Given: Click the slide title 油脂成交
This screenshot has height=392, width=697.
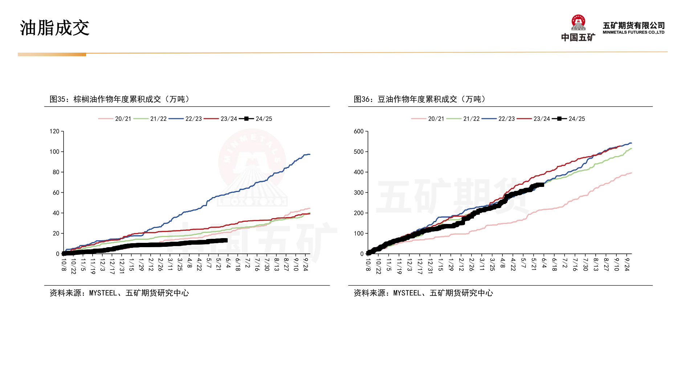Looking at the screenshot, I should click(x=54, y=28).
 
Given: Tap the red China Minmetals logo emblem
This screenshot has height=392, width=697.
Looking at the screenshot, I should click(x=578, y=23).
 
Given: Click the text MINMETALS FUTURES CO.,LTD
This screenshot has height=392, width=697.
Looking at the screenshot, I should click(x=633, y=32).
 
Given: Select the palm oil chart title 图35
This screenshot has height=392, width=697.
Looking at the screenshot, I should click(x=120, y=99).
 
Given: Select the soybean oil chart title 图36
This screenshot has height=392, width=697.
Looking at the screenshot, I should click(x=420, y=99).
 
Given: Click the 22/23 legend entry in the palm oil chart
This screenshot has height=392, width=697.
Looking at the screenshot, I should click(x=186, y=119).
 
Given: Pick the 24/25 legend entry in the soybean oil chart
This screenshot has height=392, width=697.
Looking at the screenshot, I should click(x=569, y=119).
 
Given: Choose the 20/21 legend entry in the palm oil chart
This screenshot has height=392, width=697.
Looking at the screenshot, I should click(x=115, y=119).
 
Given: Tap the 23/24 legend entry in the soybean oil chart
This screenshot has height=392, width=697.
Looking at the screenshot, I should click(x=534, y=119).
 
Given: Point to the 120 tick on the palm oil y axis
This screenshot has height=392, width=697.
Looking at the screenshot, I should click(x=54, y=131).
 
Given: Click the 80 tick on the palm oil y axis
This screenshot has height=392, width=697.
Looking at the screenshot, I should click(x=56, y=172).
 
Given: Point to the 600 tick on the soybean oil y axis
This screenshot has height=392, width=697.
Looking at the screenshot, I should click(x=359, y=131).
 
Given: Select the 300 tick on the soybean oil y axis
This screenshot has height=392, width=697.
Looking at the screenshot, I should click(x=359, y=193).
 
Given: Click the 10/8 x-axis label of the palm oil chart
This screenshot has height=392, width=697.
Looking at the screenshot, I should click(x=64, y=265).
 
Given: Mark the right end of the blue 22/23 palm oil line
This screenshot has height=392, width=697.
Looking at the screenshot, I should click(x=310, y=154).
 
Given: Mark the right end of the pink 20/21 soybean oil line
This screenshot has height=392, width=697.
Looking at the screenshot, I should click(x=631, y=173).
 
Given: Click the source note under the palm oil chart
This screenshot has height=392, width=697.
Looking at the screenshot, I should click(x=119, y=293).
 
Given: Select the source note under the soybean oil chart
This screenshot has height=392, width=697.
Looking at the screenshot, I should click(x=423, y=293).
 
